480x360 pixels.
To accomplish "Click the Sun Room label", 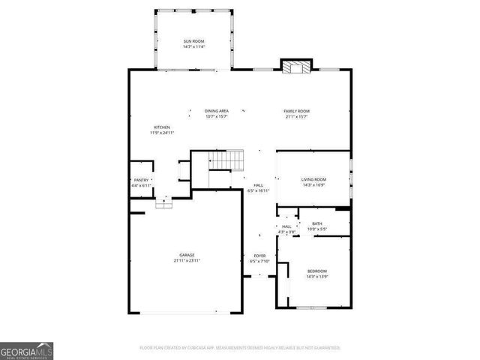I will pos(193,40).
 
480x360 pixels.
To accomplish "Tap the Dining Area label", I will pos(217,111).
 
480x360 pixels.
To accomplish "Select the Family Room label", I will pos(296,111).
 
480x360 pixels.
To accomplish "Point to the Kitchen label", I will pos(162,127).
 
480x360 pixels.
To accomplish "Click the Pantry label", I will pos(142,180).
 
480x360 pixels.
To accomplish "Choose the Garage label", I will pos(187,255).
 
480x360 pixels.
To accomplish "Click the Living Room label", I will pos(313,179).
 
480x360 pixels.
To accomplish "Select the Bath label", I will pos(317,223).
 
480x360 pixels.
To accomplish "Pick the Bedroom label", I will pos(316,271).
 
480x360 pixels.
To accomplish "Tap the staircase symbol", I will pos(226,160).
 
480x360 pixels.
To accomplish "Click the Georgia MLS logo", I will pos(26,351).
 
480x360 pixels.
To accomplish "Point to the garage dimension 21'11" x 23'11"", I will pos(187,260).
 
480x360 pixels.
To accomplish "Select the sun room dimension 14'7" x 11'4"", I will pos(193,46).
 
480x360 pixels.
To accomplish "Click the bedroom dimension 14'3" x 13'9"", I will pos(316,276).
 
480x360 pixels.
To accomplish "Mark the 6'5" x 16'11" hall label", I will pos(258,190).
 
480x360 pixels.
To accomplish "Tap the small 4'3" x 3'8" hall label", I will pos(286,232).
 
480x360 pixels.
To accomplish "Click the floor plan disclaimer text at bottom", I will pos(240,348).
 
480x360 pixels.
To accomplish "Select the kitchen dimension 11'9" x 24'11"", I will pos(162,133).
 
